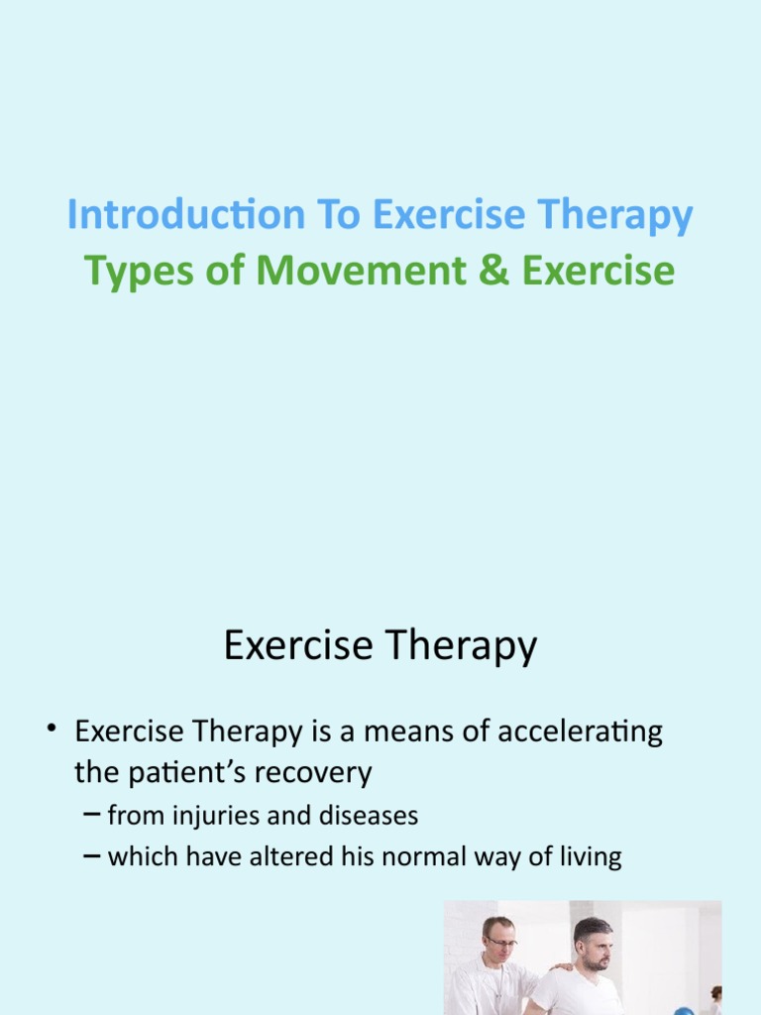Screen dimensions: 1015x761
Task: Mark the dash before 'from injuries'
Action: pyautogui.click(x=90, y=816)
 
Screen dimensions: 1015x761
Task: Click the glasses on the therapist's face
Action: pyautogui.click(x=501, y=941)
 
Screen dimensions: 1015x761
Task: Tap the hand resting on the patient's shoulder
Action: pyautogui.click(x=562, y=967)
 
